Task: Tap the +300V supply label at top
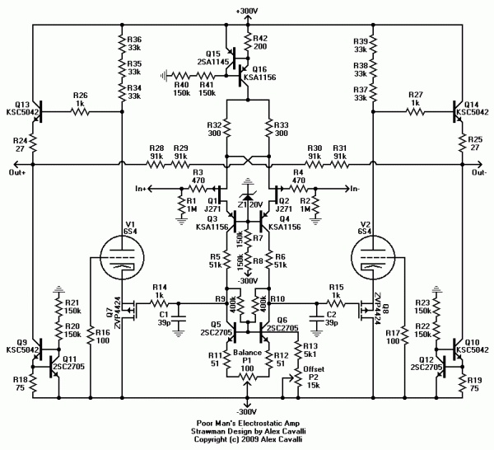246,10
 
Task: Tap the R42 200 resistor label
261,44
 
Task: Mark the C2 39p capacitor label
331,319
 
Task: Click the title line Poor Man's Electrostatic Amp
246,421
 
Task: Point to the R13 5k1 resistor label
311,349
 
